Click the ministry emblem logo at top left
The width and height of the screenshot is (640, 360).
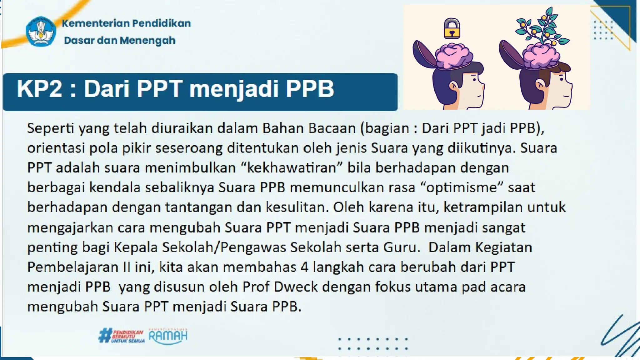(41, 32)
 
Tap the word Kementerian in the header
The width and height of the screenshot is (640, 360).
(95, 23)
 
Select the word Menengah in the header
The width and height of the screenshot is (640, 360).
(147, 40)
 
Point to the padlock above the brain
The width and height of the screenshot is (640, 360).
(452, 28)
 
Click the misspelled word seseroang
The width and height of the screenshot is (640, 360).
(189, 148)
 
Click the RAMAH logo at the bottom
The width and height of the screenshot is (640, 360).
(168, 336)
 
